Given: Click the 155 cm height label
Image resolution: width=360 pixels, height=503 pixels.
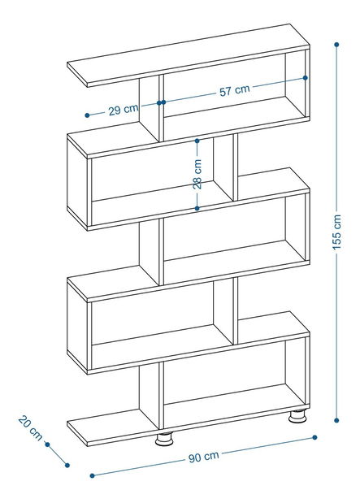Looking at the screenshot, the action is coord(336,232).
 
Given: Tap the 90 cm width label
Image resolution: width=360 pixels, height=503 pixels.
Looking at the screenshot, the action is coord(203,457).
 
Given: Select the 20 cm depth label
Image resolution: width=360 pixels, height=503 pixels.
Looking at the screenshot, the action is coord(30,428).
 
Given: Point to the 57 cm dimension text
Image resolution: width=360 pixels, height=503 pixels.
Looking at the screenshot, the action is coord(234,90).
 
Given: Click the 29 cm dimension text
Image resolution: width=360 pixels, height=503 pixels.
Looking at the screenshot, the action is coord(124,110).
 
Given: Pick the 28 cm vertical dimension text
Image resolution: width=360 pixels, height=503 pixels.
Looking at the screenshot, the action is coord(197,174).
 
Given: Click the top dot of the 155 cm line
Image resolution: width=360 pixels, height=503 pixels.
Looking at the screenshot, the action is coord(336,45).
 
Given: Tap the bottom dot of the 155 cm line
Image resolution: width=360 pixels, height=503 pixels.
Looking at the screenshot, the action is coord(336,420).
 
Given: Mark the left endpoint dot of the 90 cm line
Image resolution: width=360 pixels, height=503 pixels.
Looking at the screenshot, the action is coord(93,475).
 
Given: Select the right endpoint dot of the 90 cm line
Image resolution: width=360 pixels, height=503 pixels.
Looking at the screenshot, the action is coord(314,437).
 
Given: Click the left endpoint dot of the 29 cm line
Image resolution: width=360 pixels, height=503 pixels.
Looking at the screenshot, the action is coord(87,115).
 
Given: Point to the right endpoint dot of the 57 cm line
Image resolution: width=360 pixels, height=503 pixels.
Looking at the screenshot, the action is coord(305,78).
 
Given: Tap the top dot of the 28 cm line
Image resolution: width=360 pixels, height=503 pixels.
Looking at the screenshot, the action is coord(197,141).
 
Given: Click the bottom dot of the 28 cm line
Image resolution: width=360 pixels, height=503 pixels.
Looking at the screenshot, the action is coord(197,208).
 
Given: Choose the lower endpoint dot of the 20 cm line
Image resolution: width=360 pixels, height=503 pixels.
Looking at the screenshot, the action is coord(67,465).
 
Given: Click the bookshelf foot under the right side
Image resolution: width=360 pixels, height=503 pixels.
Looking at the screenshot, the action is coord(297,416).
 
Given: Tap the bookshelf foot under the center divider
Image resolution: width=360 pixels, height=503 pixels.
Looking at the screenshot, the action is coord(164,439).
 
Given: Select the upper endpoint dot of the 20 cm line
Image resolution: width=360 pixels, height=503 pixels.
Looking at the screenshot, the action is coord(47,444).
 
